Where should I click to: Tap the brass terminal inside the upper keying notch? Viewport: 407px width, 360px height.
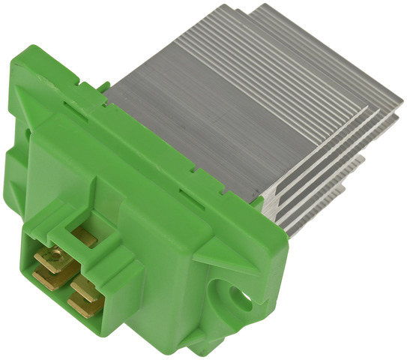[x=84, y=239]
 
